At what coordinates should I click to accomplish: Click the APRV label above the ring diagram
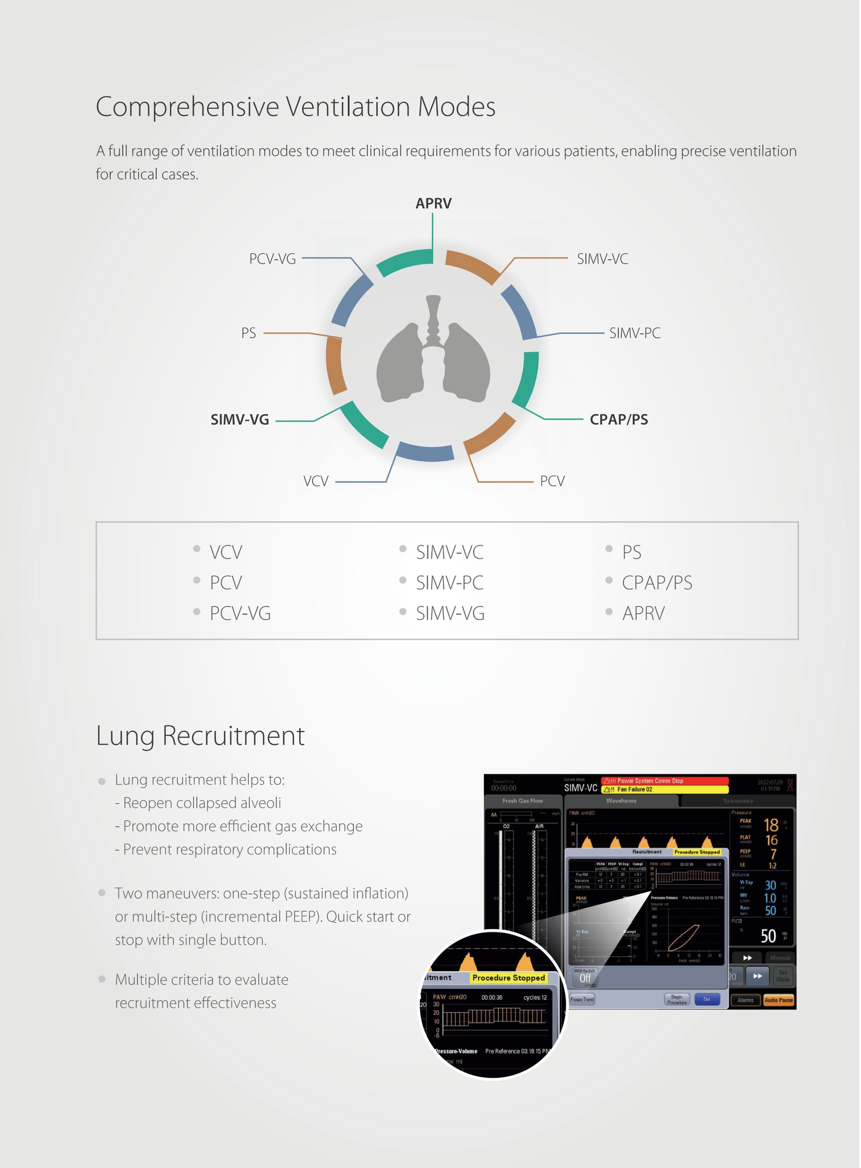[x=433, y=203]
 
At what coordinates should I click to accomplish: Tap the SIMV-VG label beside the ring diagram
[x=240, y=419]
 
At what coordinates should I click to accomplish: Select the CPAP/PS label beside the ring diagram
[x=619, y=419]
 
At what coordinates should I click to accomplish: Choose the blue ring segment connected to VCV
[x=425, y=452]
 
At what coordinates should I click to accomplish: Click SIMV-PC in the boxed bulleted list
[x=449, y=582]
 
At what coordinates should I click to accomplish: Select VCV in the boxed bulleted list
[x=226, y=552]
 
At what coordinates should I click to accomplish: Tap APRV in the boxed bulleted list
[x=643, y=613]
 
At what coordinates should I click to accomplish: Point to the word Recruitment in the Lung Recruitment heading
[x=233, y=735]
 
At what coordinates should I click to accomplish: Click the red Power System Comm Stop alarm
[x=665, y=780]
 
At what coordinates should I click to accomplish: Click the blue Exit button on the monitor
[x=707, y=999]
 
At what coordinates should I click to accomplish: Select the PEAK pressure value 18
[x=771, y=825]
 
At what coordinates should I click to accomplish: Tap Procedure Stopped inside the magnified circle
[x=508, y=978]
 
